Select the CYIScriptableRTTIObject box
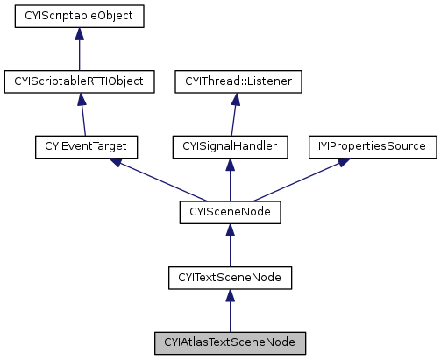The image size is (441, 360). (x=79, y=81)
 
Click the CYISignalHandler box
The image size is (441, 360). (x=231, y=146)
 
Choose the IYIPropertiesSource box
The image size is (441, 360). (x=372, y=146)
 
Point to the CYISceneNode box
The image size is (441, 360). (x=229, y=212)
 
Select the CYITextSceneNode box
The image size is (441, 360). (x=229, y=277)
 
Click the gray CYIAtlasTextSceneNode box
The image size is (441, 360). (x=229, y=342)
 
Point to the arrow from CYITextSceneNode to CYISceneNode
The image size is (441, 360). (x=229, y=244)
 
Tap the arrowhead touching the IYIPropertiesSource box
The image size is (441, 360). (x=337, y=163)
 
